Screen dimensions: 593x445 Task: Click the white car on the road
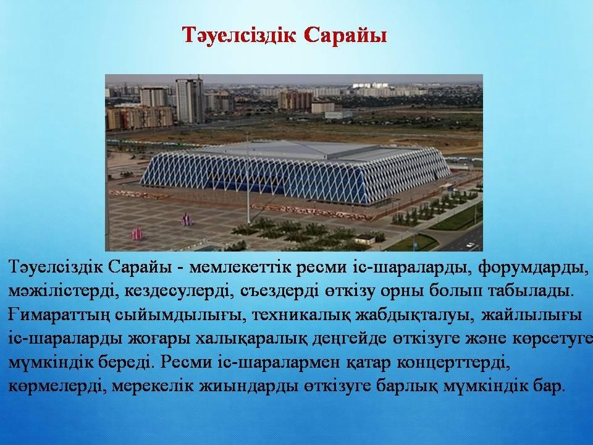(x=470, y=245)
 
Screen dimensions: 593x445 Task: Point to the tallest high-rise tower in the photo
(x=190, y=100)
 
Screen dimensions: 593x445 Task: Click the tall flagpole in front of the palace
(x=248, y=178)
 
